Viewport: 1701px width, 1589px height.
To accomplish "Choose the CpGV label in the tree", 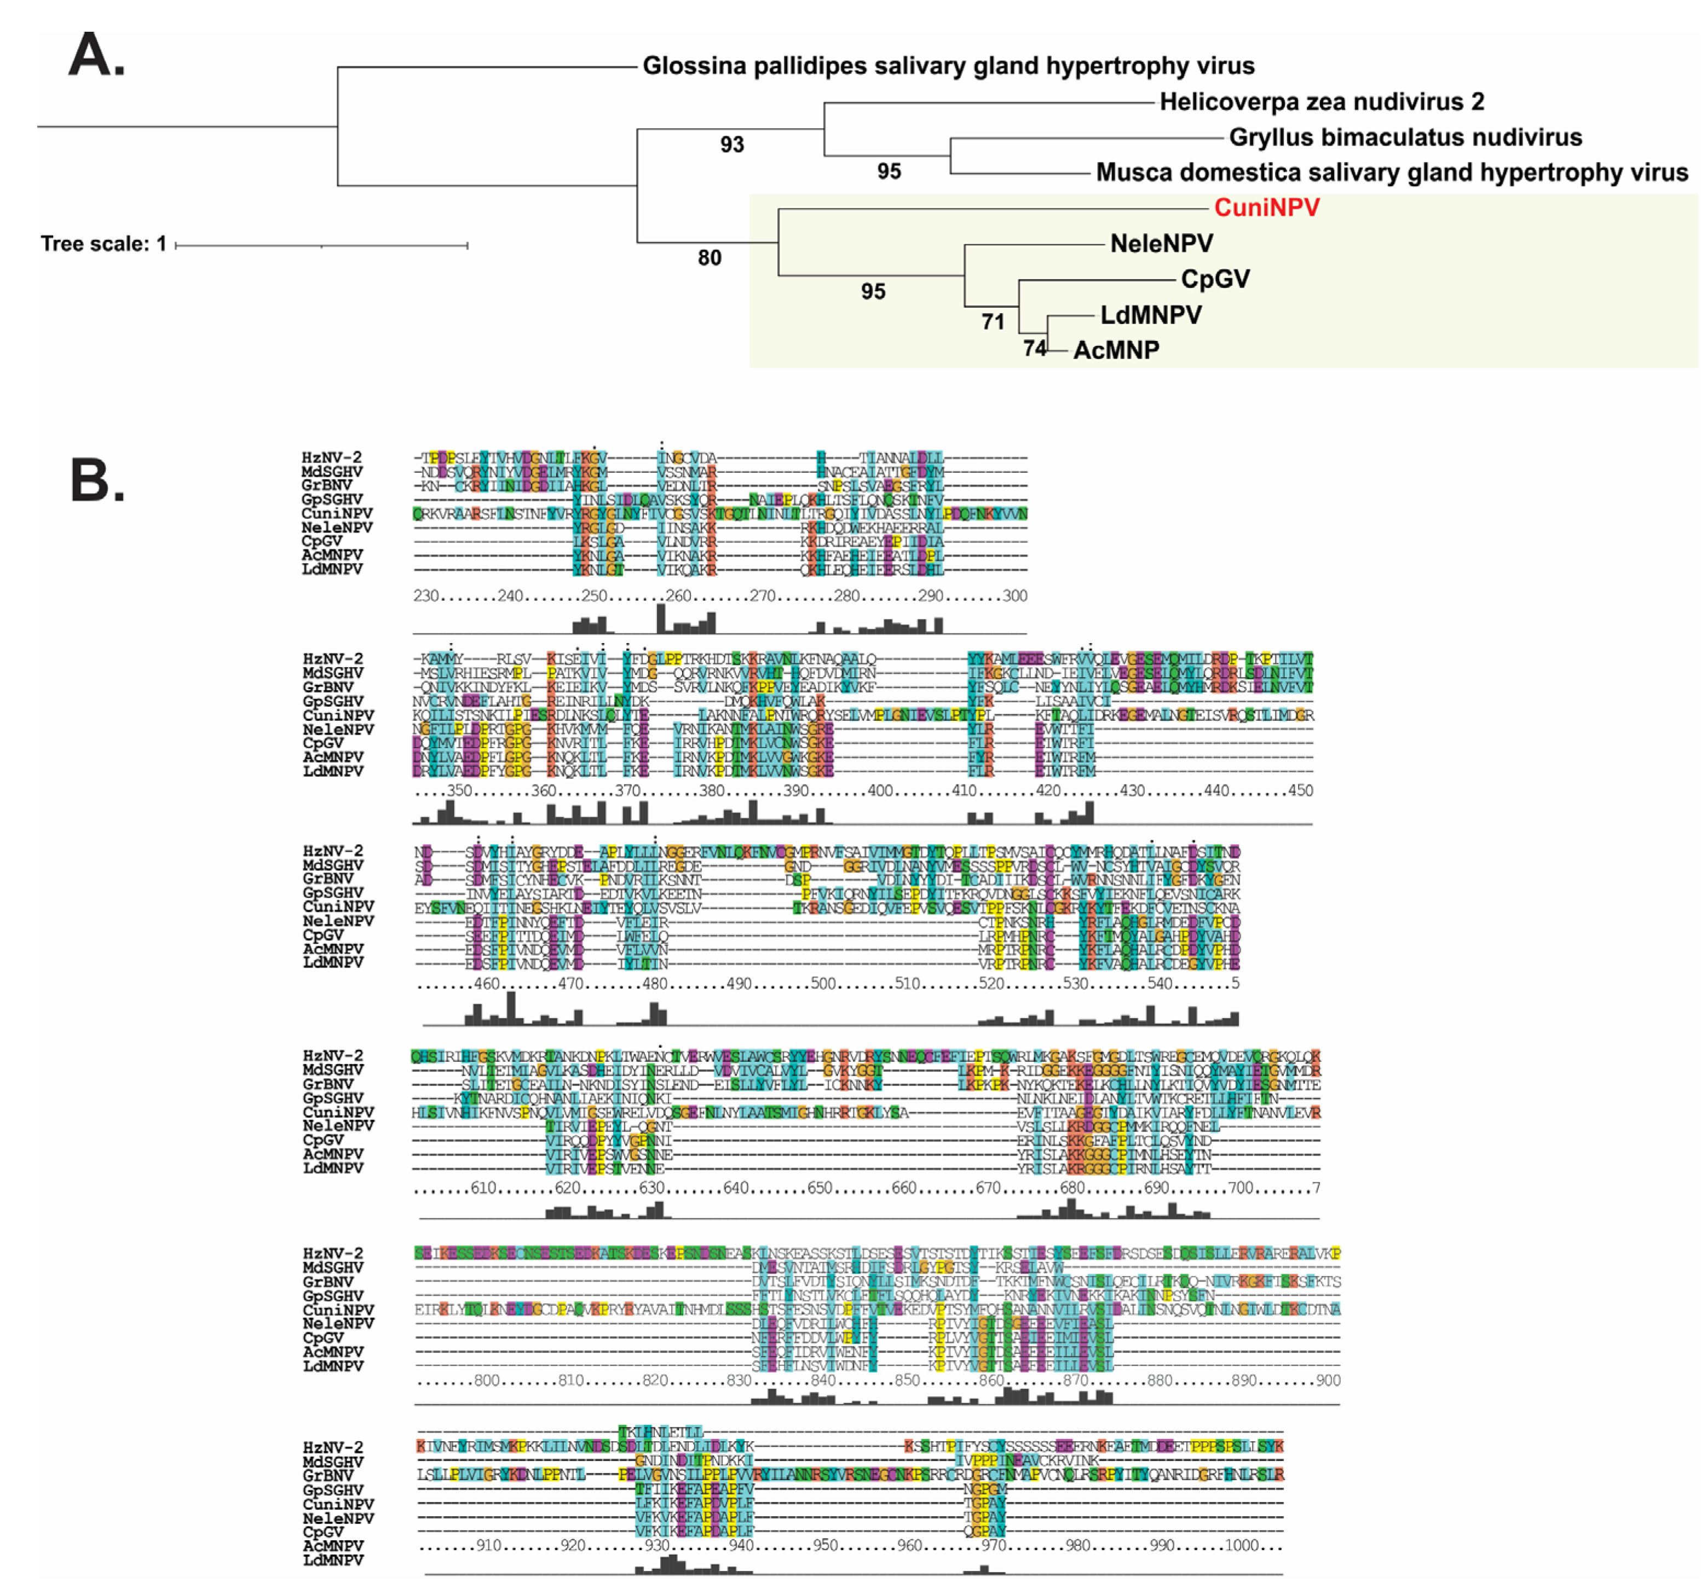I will coord(1215,279).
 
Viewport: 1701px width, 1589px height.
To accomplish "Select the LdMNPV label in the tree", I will coord(1151,315).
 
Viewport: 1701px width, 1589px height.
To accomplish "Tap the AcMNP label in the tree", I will coord(1117,350).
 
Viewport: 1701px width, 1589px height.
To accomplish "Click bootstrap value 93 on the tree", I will coord(731,145).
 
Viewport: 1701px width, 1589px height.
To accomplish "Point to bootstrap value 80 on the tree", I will coord(710,258).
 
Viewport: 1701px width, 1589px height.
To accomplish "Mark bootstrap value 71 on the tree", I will coord(993,322).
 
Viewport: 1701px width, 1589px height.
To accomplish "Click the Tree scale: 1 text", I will coord(103,244).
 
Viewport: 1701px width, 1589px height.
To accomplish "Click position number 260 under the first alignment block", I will coord(678,596).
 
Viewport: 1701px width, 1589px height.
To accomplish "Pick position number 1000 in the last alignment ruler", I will coord(1242,1545).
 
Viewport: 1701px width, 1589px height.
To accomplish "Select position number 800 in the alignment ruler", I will coord(487,1380).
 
